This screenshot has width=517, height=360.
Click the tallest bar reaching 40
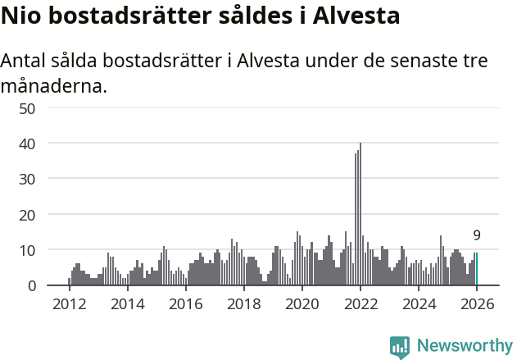[361, 215]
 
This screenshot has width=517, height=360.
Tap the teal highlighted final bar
[476, 269]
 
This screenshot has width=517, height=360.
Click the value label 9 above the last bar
[477, 235]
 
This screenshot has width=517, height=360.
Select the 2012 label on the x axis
[69, 304]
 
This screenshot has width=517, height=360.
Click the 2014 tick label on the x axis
[127, 304]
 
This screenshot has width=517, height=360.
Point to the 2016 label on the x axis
[185, 304]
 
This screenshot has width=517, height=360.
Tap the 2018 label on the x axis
[243, 304]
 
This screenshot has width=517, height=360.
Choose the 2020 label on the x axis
[302, 304]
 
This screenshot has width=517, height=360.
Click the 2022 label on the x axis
[361, 304]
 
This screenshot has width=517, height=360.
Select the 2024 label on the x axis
[419, 304]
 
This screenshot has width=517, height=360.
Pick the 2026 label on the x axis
[477, 304]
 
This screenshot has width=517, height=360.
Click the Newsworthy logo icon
[400, 347]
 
